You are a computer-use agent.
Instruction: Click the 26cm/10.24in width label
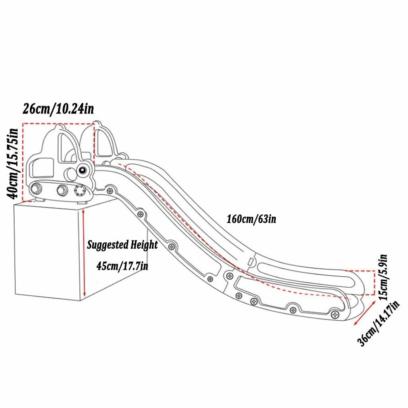[58, 109]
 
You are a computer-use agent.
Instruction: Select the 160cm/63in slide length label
[251, 219]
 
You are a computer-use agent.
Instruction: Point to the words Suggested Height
[122, 245]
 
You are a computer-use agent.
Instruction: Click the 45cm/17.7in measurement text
[122, 266]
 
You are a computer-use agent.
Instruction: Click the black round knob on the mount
[83, 170]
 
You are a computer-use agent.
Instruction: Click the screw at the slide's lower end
[335, 315]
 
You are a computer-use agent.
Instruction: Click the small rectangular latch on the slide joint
[251, 261]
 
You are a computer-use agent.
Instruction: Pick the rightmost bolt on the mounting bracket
[79, 191]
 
